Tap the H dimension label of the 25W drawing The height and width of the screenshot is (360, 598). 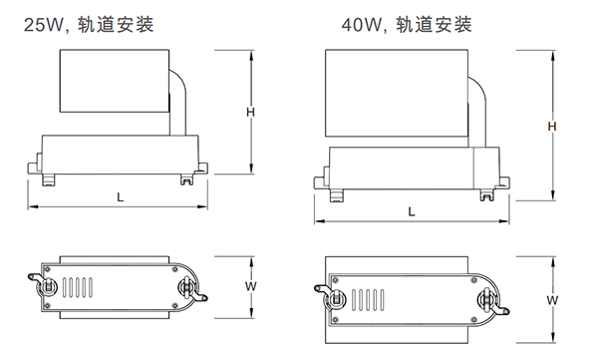[252, 113]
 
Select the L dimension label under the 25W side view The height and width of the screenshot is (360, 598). [121, 197]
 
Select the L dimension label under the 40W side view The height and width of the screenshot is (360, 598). [412, 211]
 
